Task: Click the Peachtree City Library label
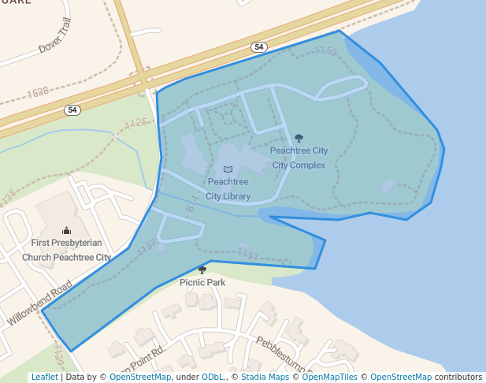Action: tap(228, 189)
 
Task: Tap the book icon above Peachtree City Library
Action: tap(228, 169)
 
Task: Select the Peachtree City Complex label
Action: tap(299, 158)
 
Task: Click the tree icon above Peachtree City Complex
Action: tap(299, 138)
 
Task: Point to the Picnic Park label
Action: tap(202, 282)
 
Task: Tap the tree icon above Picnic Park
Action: tap(202, 270)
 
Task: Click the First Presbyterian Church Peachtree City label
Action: tap(66, 250)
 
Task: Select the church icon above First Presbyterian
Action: tap(66, 230)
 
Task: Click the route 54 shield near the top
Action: tap(259, 47)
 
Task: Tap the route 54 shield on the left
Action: tap(72, 110)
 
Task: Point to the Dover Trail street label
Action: tap(55, 35)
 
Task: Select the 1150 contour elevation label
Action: tap(325, 51)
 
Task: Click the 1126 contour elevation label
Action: tap(136, 123)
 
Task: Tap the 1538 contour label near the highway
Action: tap(38, 93)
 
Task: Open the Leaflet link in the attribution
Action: tap(44, 377)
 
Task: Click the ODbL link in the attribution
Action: tap(213, 377)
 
